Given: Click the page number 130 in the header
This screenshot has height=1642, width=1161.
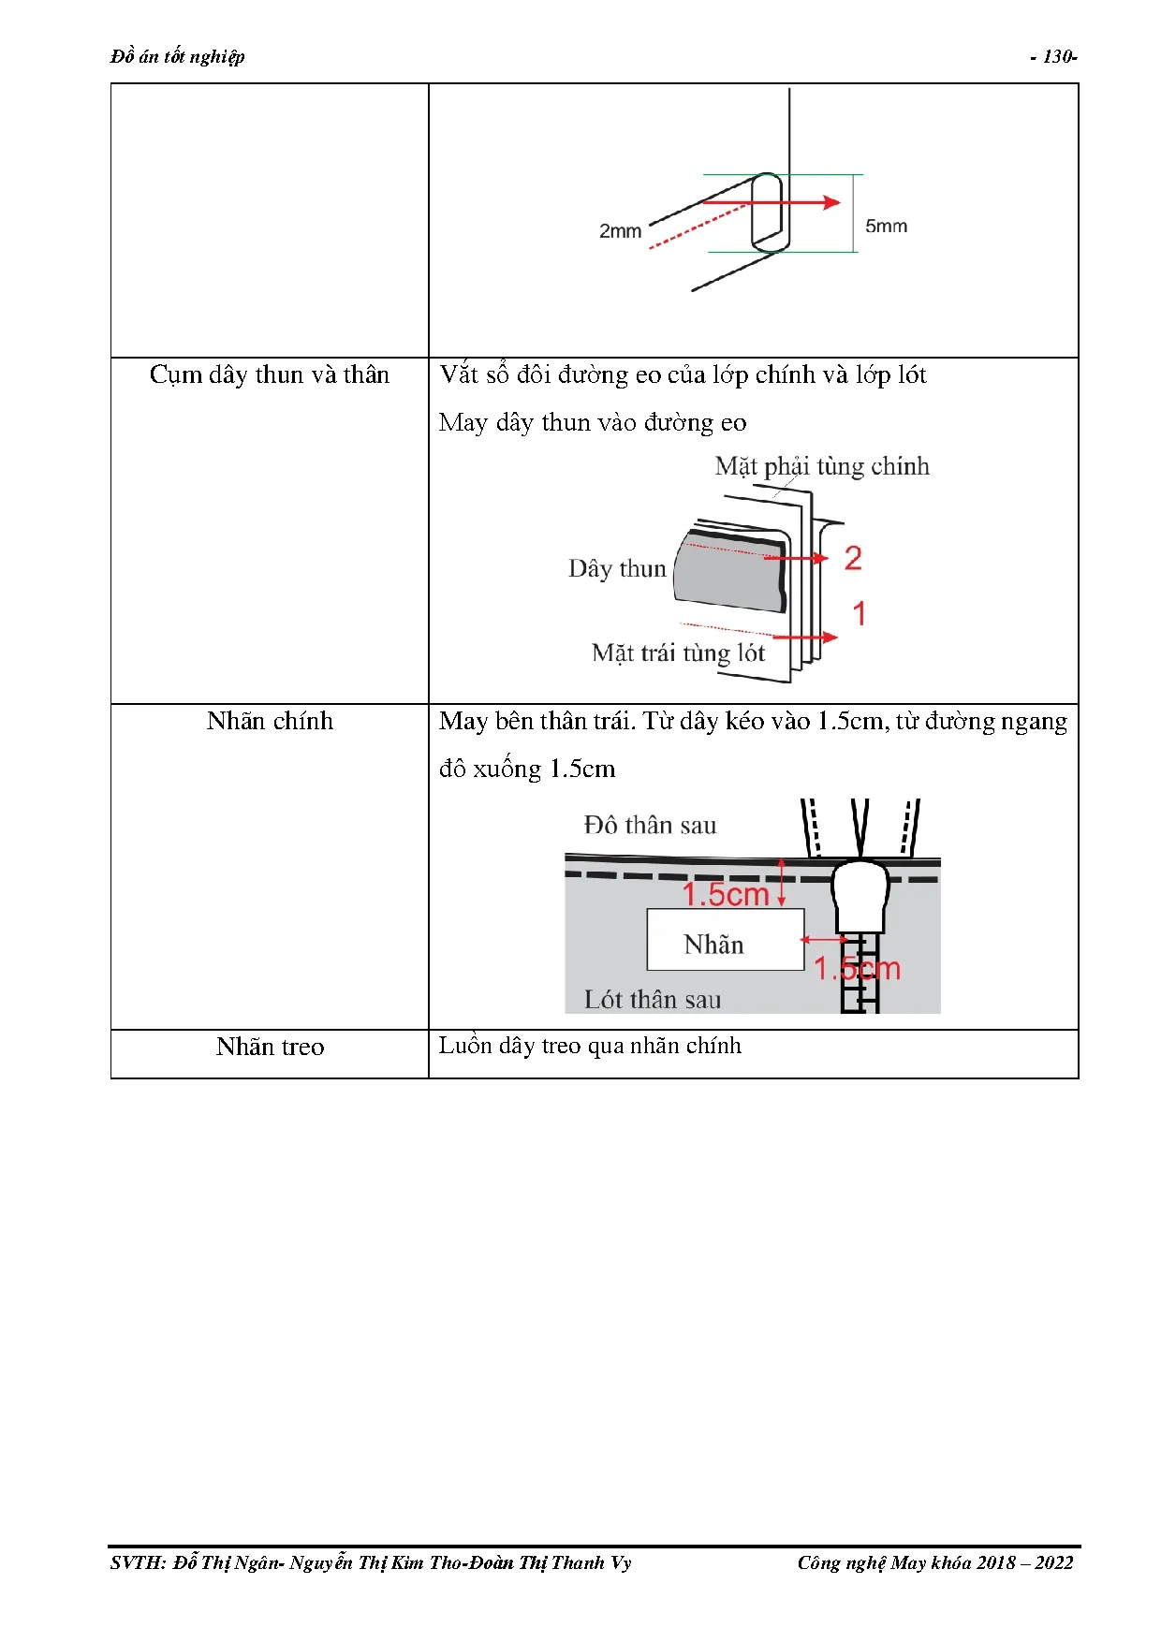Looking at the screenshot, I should click(1056, 57).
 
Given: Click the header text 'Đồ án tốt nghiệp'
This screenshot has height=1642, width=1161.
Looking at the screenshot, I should click(177, 57).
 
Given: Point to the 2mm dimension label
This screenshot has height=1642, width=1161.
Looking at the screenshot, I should click(620, 231).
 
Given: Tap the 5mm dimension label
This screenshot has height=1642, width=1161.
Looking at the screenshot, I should click(886, 227).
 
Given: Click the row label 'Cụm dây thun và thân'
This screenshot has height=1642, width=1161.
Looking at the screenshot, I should click(269, 375).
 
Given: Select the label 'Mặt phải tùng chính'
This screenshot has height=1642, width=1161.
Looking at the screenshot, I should click(822, 466).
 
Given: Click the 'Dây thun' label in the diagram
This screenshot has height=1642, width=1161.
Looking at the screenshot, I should click(617, 569).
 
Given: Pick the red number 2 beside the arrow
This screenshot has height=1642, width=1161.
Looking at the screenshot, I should click(852, 559).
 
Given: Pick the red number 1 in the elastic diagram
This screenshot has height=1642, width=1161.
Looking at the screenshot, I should click(859, 614).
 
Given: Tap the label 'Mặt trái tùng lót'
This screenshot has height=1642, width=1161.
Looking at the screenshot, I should click(678, 652).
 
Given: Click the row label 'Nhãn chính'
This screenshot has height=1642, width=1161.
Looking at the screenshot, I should click(270, 722).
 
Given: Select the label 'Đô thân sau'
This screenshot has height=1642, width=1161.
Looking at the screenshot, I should click(650, 826).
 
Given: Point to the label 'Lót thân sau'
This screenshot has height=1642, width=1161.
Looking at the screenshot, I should click(653, 1000).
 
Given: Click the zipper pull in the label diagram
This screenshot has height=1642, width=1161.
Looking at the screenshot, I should click(860, 896).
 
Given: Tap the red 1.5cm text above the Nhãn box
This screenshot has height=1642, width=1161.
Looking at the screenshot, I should click(725, 895).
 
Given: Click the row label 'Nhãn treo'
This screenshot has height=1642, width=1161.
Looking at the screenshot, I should click(270, 1048).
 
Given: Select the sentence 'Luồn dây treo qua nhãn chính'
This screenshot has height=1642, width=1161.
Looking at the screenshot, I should click(590, 1046).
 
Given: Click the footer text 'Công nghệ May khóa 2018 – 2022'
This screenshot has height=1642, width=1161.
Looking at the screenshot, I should click(934, 1562).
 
